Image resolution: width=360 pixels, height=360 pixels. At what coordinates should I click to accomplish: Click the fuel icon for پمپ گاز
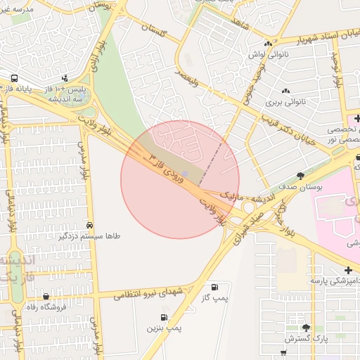[214, 286]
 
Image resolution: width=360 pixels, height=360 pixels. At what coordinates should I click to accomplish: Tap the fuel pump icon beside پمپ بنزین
[164, 318]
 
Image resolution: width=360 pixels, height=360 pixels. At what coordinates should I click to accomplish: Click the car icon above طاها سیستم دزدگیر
[89, 225]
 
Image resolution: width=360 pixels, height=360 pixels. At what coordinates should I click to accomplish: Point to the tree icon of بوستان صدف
[301, 175]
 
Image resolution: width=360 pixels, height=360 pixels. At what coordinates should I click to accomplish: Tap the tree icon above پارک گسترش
[305, 328]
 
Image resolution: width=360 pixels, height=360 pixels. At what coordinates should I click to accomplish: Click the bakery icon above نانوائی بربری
[285, 91]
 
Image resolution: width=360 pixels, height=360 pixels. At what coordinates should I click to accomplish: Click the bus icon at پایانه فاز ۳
[14, 78]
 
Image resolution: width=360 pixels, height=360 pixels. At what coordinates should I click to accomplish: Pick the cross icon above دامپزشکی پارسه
[348, 270]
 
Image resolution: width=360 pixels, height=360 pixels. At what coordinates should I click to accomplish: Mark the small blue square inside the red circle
[184, 173]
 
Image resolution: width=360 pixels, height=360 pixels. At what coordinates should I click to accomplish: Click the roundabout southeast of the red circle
[249, 208]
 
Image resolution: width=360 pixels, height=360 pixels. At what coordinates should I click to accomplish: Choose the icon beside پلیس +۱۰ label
[65, 79]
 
